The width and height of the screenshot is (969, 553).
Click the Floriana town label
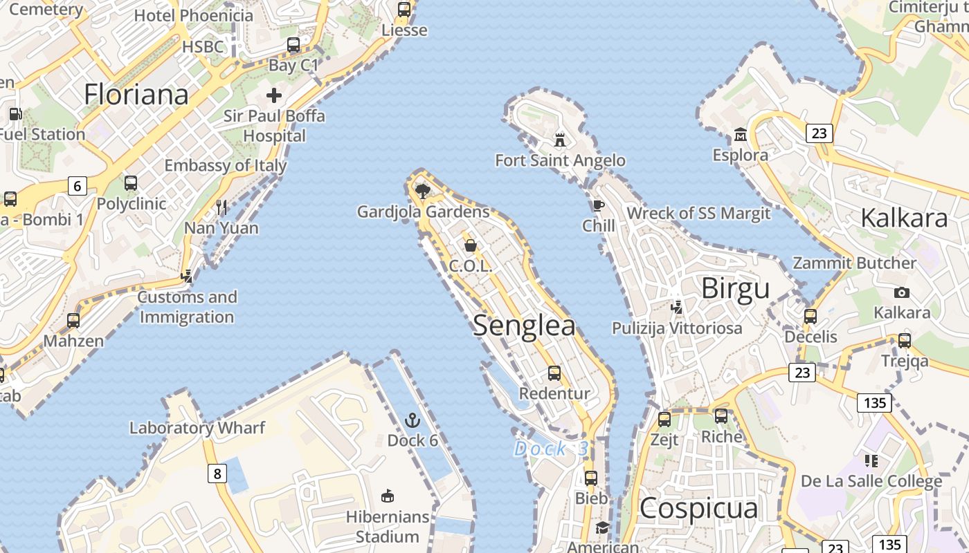(136, 95)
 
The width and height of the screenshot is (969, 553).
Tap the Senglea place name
(524, 326)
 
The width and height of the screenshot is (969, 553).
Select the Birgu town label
(735, 288)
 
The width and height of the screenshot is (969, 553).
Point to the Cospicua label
(698, 508)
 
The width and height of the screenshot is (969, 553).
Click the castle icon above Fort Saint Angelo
(560, 140)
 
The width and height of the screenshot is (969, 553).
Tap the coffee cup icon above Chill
(598, 205)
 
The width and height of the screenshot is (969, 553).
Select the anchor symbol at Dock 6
(412, 420)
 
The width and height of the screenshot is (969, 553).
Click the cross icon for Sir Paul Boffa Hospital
(274, 95)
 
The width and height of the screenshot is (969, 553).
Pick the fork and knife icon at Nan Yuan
(221, 207)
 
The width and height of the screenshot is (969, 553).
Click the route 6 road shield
(77, 185)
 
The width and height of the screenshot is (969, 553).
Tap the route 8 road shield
(217, 474)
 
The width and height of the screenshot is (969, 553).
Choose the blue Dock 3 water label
(551, 449)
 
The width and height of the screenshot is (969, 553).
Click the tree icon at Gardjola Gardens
(422, 191)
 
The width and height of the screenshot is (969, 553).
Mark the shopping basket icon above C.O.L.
(471, 245)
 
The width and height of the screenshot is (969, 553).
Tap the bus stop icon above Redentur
(554, 373)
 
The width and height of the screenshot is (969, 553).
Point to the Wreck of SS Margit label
(698, 213)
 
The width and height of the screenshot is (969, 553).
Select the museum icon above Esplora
(740, 134)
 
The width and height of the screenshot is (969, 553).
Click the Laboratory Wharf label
(197, 428)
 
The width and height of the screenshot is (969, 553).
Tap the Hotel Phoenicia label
(194, 15)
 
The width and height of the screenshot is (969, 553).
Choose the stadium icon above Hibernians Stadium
(388, 496)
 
